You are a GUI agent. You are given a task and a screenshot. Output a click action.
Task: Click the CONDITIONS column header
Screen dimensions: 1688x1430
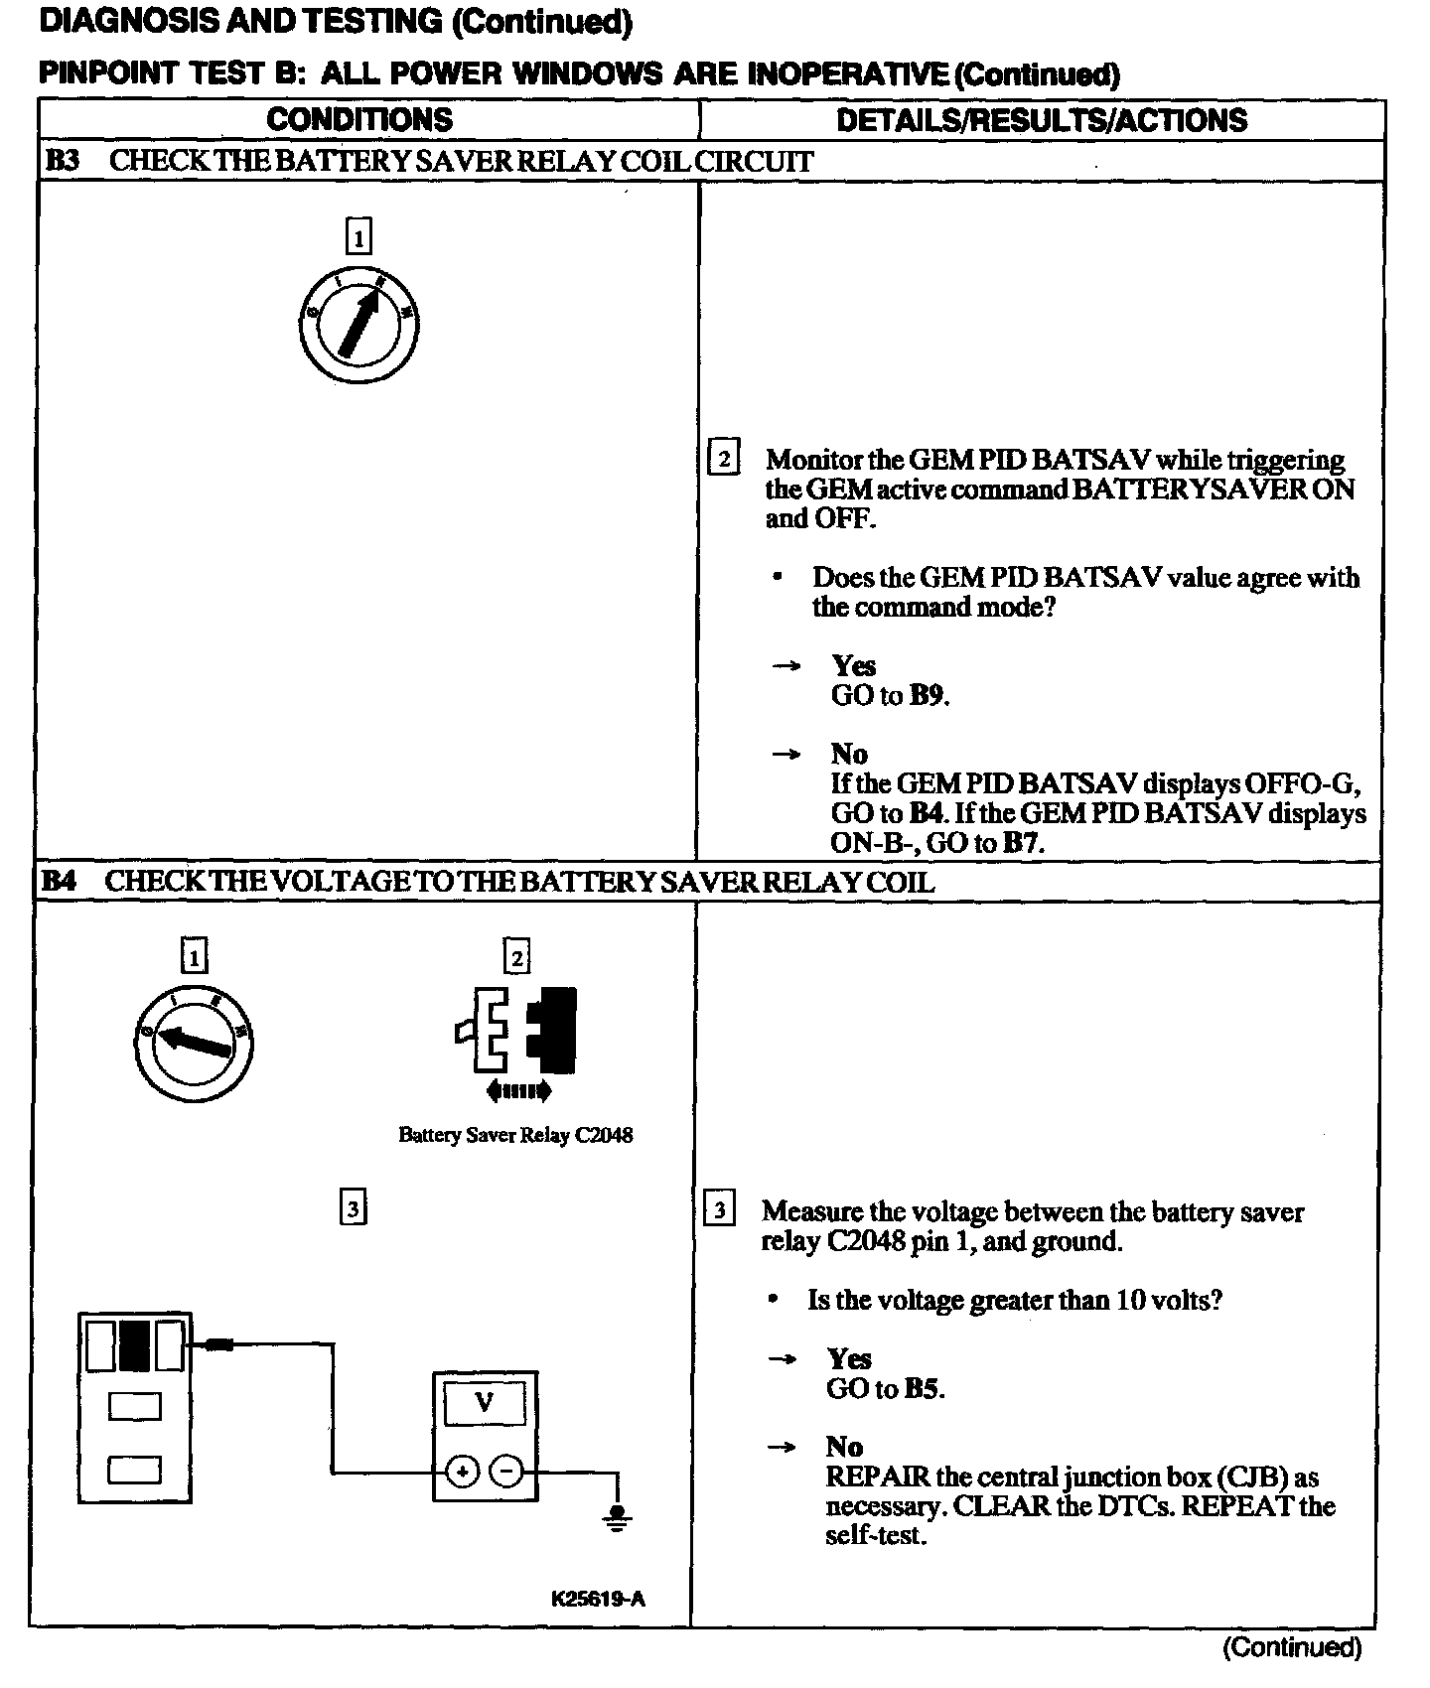pyautogui.click(x=359, y=120)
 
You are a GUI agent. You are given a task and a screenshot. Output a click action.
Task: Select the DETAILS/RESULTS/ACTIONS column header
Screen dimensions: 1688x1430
pyautogui.click(x=1042, y=120)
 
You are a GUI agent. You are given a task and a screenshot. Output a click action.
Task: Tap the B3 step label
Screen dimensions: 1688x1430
pyautogui.click(x=62, y=162)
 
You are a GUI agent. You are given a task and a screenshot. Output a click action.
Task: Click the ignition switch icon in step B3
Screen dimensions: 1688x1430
pyautogui.click(x=358, y=325)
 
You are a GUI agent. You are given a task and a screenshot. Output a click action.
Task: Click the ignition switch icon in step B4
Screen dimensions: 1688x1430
pyautogui.click(x=193, y=1042)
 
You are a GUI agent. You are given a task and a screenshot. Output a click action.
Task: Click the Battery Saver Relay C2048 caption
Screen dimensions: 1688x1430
pyautogui.click(x=515, y=1135)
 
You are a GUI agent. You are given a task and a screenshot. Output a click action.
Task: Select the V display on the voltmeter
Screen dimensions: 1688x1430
pyautogui.click(x=485, y=1402)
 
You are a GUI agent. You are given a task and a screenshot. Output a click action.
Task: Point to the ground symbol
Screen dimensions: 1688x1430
pyautogui.click(x=618, y=1517)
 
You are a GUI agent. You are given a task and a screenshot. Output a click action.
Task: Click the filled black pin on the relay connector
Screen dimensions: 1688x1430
pyautogui.click(x=134, y=1345)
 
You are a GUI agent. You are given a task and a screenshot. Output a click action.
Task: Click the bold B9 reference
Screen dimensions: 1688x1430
pyautogui.click(x=928, y=695)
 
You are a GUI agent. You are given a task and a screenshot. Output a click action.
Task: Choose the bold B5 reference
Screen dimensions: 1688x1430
pyautogui.click(x=923, y=1388)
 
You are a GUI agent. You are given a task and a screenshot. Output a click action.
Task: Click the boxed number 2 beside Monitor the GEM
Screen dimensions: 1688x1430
pyautogui.click(x=723, y=459)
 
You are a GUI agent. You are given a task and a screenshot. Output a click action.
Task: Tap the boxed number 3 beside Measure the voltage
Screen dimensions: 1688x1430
pyautogui.click(x=719, y=1210)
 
